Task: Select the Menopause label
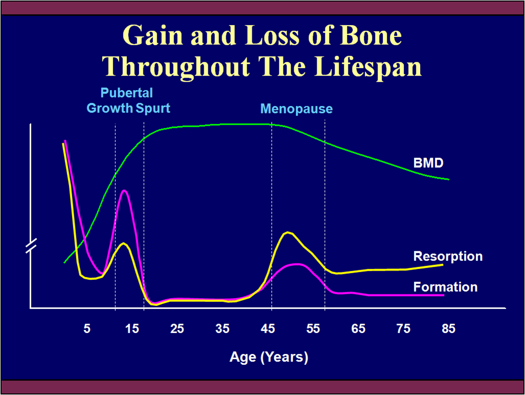point(296,109)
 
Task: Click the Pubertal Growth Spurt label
point(128,101)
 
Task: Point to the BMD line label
point(428,163)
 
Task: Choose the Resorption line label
point(448,256)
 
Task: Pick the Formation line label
point(445,287)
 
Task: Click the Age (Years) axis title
point(269,357)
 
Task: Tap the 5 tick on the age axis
point(87,329)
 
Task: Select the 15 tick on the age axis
point(132,329)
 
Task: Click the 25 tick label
point(177,329)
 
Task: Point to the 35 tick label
point(223,329)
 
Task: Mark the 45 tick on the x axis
point(268,329)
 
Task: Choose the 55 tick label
point(313,329)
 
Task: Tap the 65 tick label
point(358,329)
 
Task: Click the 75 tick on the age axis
point(403,329)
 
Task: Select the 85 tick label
point(448,329)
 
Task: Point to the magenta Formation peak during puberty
point(124,191)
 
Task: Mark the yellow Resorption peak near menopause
point(289,233)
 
